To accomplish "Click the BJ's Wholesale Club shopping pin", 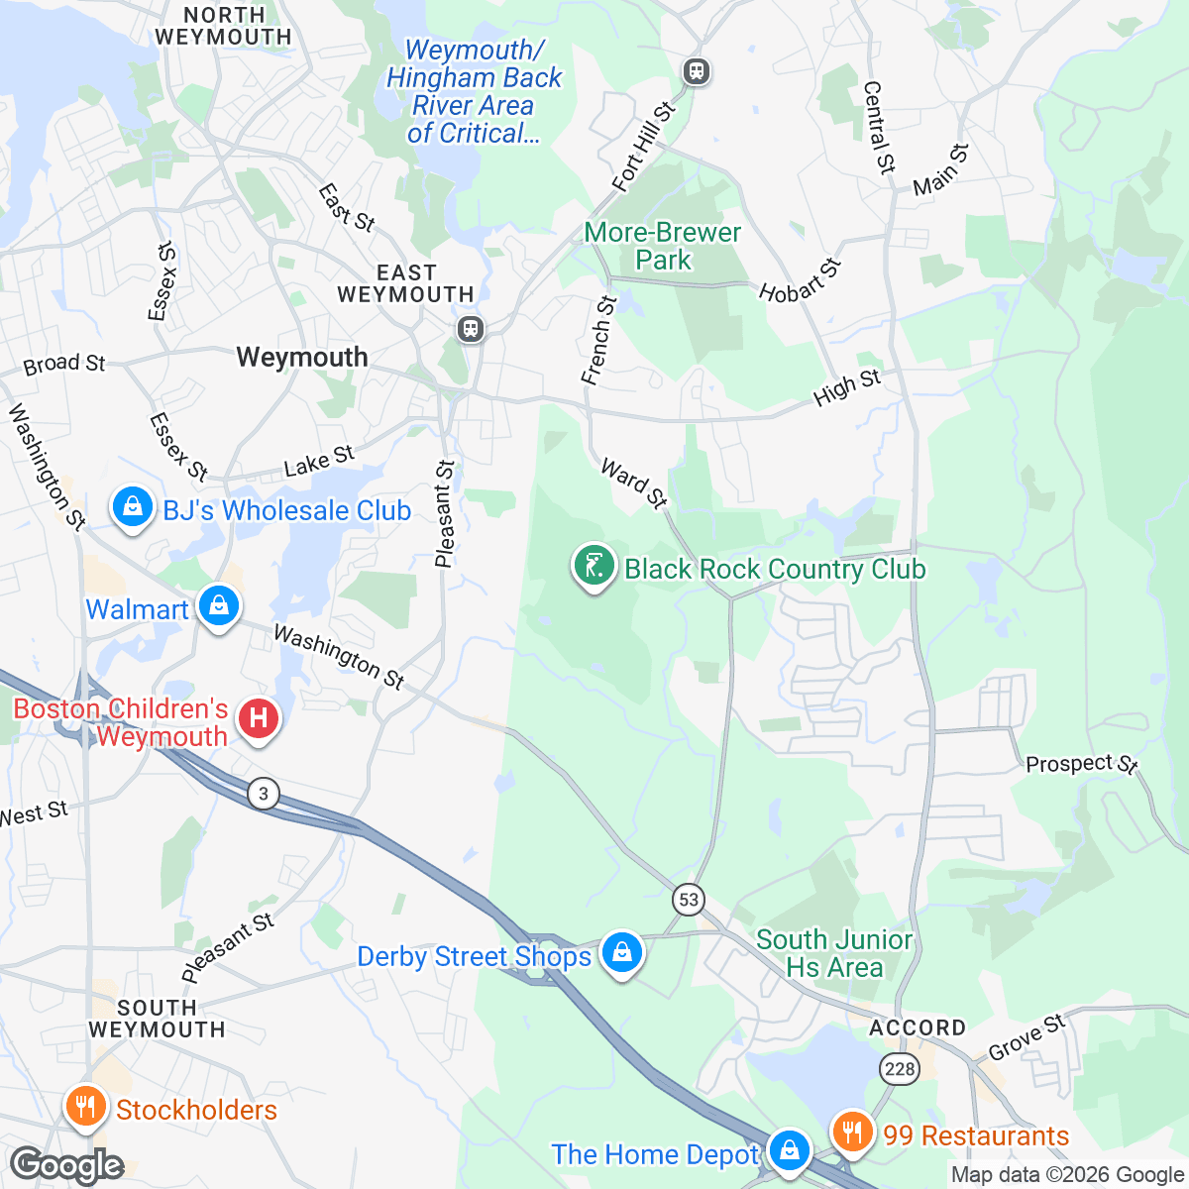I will tap(132, 508).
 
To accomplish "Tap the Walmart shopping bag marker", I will tap(218, 604).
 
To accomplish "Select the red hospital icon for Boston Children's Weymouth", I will tap(259, 717).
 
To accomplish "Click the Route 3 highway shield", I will tap(264, 794).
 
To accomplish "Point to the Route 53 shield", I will tap(689, 900).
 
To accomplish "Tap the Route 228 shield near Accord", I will tap(900, 1068).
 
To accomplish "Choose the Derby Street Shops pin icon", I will tap(621, 953).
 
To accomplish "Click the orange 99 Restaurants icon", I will tap(850, 1131).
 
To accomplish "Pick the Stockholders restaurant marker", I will tap(85, 1106).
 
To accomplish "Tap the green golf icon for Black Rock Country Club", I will tap(593, 566).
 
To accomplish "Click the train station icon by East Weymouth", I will tap(471, 328).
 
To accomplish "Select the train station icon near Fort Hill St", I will tap(697, 71).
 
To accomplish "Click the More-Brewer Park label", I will tap(663, 246).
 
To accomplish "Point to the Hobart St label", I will tap(800, 280).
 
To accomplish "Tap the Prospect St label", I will tap(1081, 764).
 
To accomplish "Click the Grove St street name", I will tap(1027, 1037).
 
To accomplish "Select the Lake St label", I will tap(318, 461).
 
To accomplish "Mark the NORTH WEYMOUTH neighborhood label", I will tap(223, 26).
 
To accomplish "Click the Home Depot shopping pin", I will tap(789, 1150).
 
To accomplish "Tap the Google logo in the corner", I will tap(66, 1166).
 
